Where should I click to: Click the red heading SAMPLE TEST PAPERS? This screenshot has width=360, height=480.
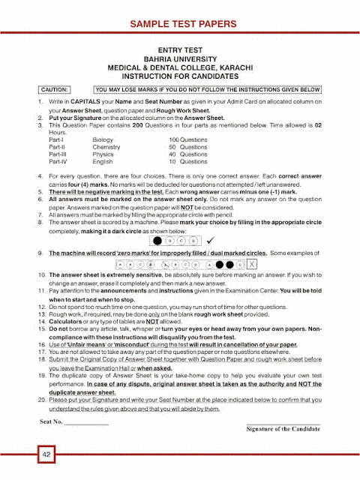(x=181, y=24)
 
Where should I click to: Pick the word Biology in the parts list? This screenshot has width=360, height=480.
(x=103, y=140)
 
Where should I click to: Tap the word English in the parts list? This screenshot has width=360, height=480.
(x=103, y=161)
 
